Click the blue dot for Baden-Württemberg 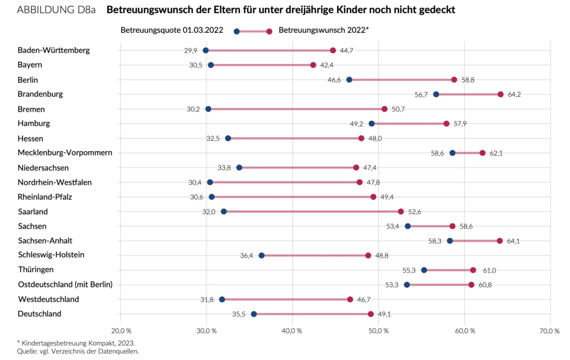(205, 51)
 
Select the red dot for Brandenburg (500, 95)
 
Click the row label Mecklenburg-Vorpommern (65, 153)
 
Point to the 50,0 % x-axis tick (379, 332)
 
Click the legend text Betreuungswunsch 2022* (323, 30)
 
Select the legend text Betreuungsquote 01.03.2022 (172, 30)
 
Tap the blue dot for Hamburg (372, 124)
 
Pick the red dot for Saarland (401, 211)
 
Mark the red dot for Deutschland (371, 314)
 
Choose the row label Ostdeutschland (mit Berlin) (65, 285)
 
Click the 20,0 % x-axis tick (121, 332)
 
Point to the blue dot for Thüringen (424, 270)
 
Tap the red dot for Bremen (385, 109)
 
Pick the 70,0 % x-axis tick (550, 332)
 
